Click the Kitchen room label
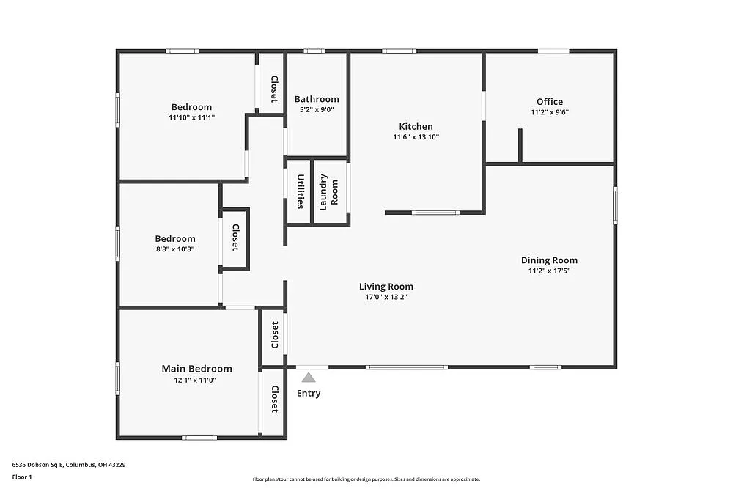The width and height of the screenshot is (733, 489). coord(416,126)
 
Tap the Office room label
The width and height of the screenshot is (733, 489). coord(550,102)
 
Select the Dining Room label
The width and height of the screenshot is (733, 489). coord(549,260)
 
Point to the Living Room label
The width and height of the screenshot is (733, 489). coord(386,287)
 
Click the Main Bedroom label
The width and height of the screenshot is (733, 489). coord(196,369)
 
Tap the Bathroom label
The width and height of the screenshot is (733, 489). coord(317,99)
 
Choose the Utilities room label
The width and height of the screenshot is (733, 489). coord(301,191)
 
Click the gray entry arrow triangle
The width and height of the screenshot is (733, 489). coord(309,377)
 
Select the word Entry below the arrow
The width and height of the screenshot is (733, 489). coord(309,394)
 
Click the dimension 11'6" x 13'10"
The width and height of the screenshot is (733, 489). coord(416,137)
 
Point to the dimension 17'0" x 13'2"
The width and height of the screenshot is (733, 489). coord(386,297)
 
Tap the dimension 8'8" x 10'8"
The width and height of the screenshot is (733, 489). coord(175,249)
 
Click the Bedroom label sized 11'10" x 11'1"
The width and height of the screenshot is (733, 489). coord(191,107)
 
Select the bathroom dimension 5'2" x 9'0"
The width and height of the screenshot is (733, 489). coord(317,110)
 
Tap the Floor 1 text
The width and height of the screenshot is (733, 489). coord(22,477)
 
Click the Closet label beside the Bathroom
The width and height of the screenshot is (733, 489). coord(274,89)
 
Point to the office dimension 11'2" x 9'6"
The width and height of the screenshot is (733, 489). coord(550,112)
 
